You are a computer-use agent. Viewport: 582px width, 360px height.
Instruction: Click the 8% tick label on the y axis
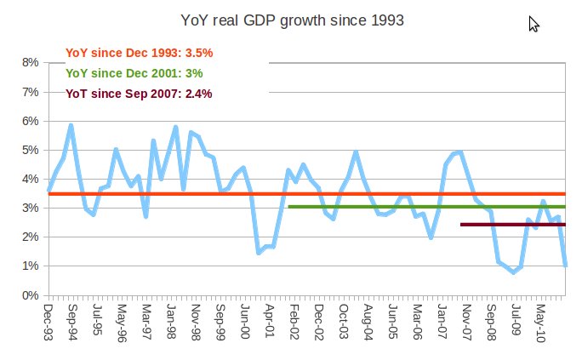[30, 62]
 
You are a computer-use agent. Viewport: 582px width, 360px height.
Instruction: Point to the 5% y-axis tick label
[30, 150]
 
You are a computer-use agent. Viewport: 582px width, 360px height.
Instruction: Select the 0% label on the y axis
[30, 295]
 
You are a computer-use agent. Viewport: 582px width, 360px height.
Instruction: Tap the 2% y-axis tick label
[30, 237]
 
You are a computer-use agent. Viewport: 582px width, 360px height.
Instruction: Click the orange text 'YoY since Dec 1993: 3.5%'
[139, 53]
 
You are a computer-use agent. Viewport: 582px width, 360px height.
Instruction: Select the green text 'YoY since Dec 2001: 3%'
[134, 73]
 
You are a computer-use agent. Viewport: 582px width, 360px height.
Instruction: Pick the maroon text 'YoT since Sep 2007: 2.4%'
[139, 94]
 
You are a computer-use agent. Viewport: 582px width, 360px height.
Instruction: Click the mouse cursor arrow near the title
[533, 24]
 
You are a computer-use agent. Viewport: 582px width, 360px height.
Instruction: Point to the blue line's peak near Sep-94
[71, 126]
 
